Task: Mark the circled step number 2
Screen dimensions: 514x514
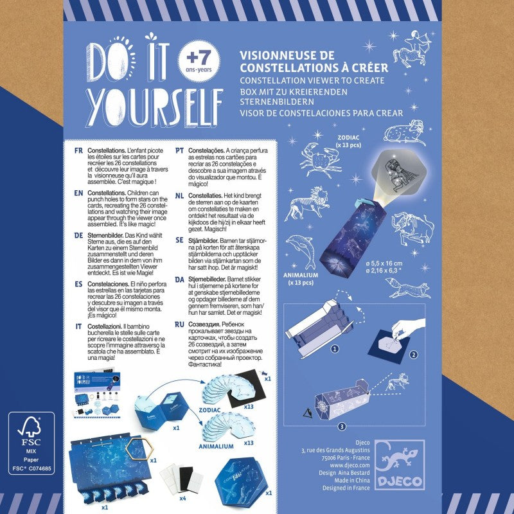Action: click(x=414, y=355)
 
